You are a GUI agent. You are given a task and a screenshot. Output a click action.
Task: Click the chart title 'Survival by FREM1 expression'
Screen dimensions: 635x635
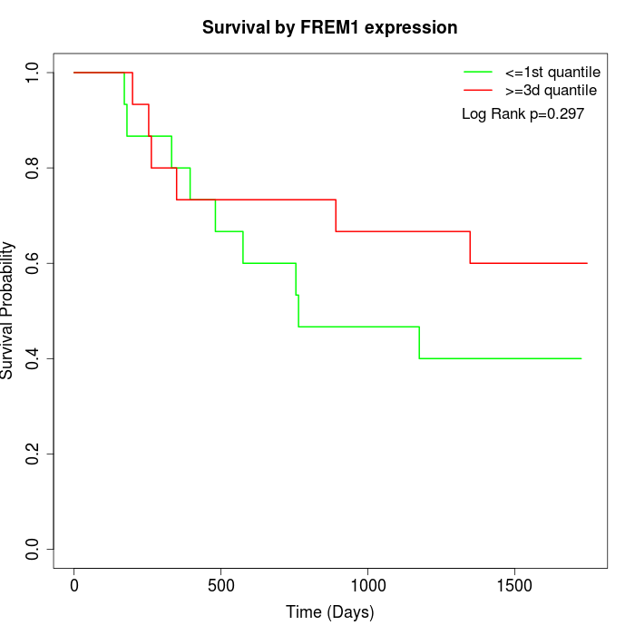(x=329, y=27)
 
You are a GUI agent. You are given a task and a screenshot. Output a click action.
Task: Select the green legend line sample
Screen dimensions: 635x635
(x=478, y=72)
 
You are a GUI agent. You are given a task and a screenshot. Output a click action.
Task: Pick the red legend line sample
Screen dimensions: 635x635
(x=478, y=91)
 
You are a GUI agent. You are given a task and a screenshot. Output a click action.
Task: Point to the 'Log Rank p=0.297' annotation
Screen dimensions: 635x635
(x=523, y=114)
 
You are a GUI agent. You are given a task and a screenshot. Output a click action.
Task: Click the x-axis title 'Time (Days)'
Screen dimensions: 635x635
(x=329, y=612)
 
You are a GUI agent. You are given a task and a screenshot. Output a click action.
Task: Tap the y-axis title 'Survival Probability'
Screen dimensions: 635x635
(x=9, y=310)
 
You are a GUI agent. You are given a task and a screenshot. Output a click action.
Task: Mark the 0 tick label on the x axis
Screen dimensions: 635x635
(x=74, y=585)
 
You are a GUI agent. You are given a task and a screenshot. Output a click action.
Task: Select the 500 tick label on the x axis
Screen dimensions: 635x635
(x=221, y=585)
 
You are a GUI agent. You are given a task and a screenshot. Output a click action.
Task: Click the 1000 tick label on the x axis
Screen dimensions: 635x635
(x=368, y=585)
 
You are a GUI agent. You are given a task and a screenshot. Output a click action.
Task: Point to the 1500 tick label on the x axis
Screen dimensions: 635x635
(x=515, y=585)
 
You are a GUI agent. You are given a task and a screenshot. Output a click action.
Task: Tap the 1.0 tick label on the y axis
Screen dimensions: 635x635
(x=34, y=73)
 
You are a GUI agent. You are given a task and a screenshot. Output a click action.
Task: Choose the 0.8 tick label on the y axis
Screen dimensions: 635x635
(x=34, y=168)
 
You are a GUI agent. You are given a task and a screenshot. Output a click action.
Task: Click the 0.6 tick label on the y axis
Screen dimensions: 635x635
(x=34, y=263)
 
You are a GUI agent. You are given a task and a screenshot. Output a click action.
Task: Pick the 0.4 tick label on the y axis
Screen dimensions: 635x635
(x=34, y=358)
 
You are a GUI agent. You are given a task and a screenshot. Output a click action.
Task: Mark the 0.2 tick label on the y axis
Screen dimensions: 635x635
(x=34, y=454)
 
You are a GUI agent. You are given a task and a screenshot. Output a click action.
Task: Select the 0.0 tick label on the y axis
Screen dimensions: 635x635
(x=34, y=549)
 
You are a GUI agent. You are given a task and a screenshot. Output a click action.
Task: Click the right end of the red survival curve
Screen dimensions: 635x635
(x=587, y=263)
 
